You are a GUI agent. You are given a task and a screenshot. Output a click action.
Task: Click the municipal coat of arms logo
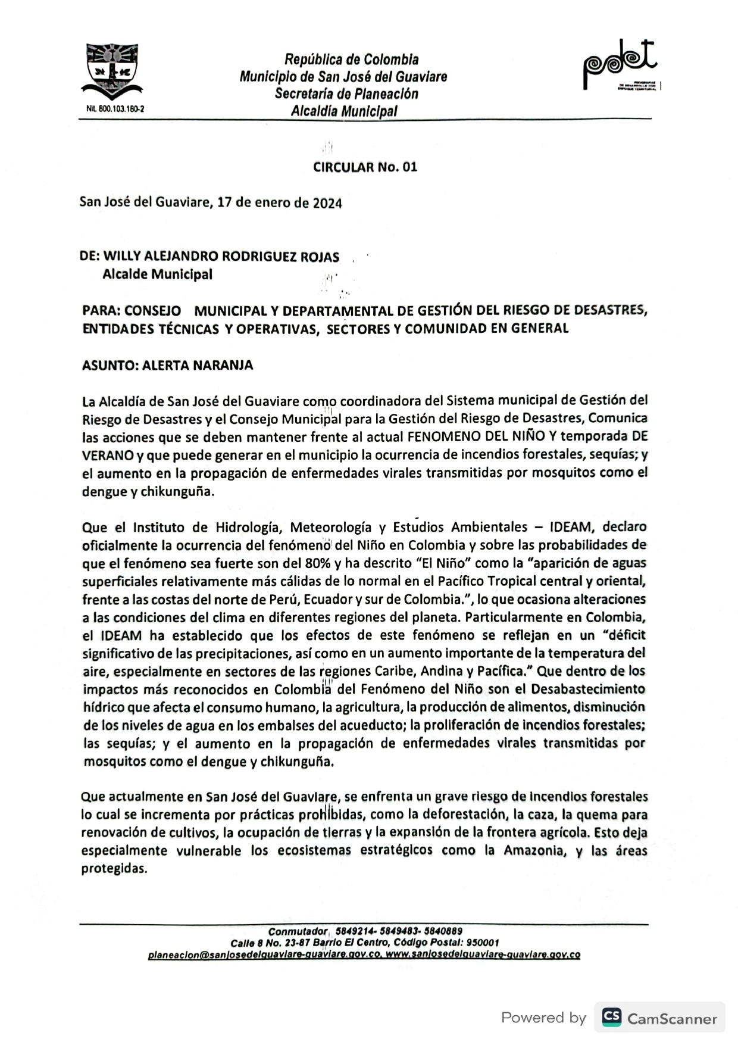coord(112,71)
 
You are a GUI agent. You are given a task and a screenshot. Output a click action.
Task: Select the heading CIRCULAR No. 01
coord(365,167)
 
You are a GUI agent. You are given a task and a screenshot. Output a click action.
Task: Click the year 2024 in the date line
coord(327,203)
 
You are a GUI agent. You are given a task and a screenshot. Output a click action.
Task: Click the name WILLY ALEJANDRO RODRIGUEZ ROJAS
coord(221,257)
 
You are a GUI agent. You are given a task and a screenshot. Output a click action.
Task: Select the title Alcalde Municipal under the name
coord(157,274)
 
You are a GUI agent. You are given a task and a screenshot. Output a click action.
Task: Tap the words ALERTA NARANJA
coord(198,366)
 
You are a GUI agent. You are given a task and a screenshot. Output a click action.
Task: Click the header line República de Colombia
coord(351,60)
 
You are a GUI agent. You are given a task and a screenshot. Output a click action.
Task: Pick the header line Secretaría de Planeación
coord(346,94)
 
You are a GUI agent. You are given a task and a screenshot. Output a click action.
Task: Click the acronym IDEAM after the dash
coord(571,527)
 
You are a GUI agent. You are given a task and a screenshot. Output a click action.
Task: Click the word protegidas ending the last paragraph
coord(113,869)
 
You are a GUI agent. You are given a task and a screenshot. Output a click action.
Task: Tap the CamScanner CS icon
coord(611,1018)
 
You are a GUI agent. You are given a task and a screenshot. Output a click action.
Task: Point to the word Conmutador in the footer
coord(298,931)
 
